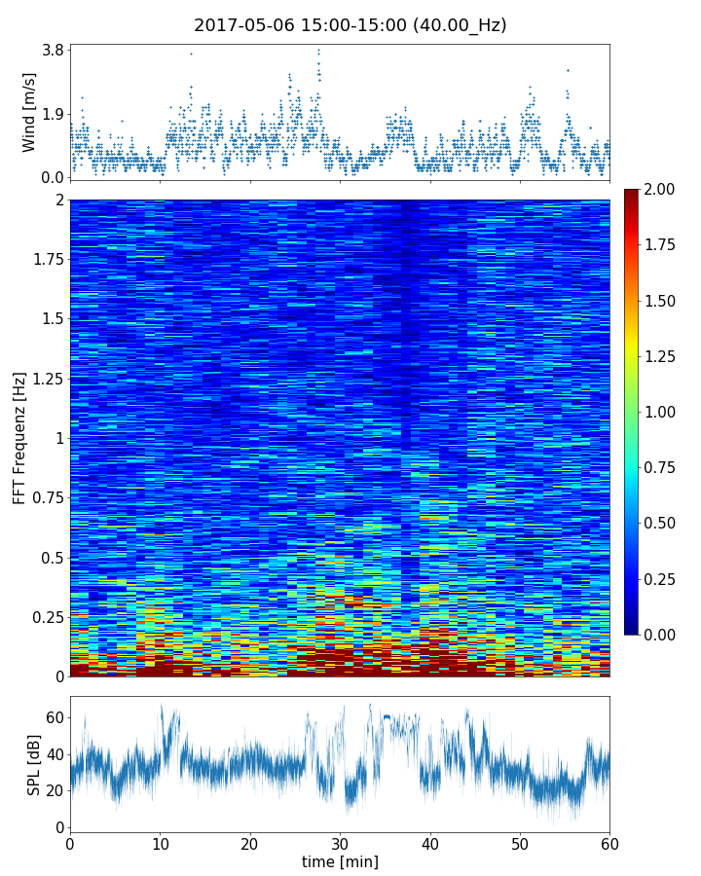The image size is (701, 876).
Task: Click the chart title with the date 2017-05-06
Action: tap(350, 25)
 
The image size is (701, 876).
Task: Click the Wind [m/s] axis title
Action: tap(29, 112)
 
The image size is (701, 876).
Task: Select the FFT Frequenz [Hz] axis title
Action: tap(19, 438)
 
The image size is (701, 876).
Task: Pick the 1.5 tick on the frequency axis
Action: tap(51, 319)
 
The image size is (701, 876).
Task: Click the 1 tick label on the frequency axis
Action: tap(58, 438)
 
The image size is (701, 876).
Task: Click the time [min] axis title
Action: tap(340, 862)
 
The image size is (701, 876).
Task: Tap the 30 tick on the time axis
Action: tap(340, 844)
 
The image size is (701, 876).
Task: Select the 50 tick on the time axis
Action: tap(520, 844)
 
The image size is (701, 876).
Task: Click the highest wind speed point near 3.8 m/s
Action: tap(318, 51)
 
